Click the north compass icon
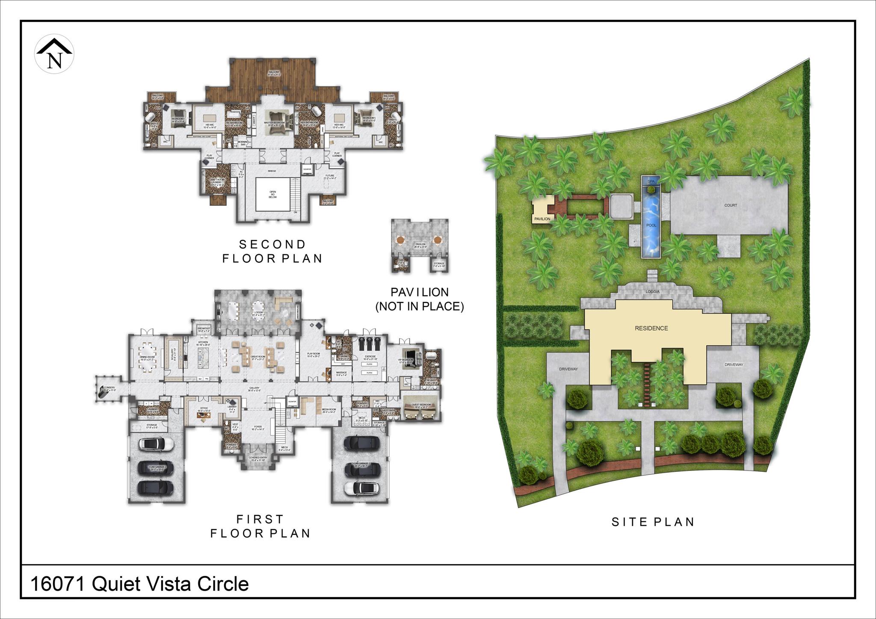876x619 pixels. pos(54,54)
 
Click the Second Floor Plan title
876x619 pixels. pos(272,252)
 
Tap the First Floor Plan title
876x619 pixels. pos(260,526)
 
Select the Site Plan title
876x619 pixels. pos(653,522)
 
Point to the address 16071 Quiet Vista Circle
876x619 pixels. pos(139,584)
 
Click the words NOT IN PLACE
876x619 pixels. pos(419,306)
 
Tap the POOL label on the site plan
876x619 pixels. pos(651,225)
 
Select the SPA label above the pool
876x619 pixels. pos(651,181)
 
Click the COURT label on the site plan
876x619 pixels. pos(731,205)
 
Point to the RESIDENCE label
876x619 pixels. pos(651,328)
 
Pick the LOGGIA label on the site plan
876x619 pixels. pos(653,292)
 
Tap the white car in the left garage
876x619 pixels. pos(156,444)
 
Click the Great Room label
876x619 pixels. pos(258,356)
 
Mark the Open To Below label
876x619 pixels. pos(272,194)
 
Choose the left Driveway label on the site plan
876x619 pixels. pos(568,369)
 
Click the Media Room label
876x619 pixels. pos(329,409)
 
